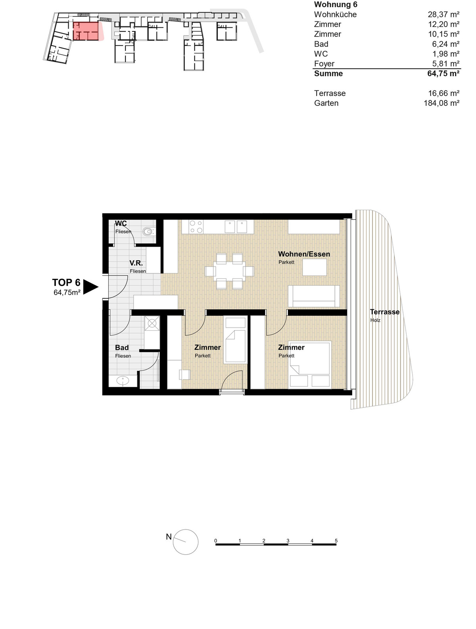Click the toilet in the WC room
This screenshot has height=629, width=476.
click(x=148, y=231)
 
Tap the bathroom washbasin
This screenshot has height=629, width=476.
click(x=123, y=381)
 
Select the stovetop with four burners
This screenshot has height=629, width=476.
click(x=196, y=227)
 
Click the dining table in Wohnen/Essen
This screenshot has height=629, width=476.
click(x=229, y=271)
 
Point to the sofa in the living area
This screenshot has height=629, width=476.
click(x=313, y=296)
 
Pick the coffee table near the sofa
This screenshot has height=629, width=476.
click(x=315, y=267)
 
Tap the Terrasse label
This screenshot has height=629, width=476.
click(x=384, y=312)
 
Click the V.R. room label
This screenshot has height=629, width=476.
click(x=136, y=263)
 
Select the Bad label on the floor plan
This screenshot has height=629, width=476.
click(x=122, y=347)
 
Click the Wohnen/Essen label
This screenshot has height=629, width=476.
click(x=304, y=254)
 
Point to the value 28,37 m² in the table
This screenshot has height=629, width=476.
click(x=443, y=14)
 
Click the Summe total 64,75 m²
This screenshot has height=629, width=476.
click(x=443, y=74)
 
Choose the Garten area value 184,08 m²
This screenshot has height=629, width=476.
click(x=441, y=103)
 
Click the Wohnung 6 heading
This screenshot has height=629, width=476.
click(x=336, y=5)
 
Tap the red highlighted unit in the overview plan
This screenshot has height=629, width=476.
click(x=86, y=31)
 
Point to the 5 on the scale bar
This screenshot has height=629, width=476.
click(x=336, y=541)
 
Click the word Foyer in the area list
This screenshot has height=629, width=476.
click(x=324, y=63)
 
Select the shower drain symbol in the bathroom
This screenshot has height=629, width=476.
click(x=152, y=324)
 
